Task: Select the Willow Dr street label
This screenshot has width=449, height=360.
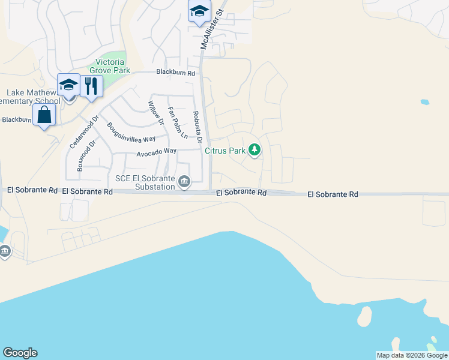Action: click(155, 113)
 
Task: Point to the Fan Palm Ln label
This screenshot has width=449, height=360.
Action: click(177, 122)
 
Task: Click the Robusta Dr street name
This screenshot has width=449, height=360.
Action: click(196, 127)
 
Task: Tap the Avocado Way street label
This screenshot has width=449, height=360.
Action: click(156, 153)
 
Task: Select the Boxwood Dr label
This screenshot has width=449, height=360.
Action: click(86, 157)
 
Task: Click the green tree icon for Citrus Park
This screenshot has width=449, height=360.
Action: click(255, 150)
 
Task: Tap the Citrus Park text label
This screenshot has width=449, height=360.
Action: click(225, 151)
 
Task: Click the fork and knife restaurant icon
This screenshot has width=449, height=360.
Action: click(91, 86)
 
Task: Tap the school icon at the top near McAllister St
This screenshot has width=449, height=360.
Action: click(199, 11)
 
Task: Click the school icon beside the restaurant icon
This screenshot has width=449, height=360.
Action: click(68, 85)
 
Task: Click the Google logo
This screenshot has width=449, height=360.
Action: click(20, 353)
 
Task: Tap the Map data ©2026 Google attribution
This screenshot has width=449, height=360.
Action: click(412, 355)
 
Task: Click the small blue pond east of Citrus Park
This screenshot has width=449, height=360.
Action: click(425, 102)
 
